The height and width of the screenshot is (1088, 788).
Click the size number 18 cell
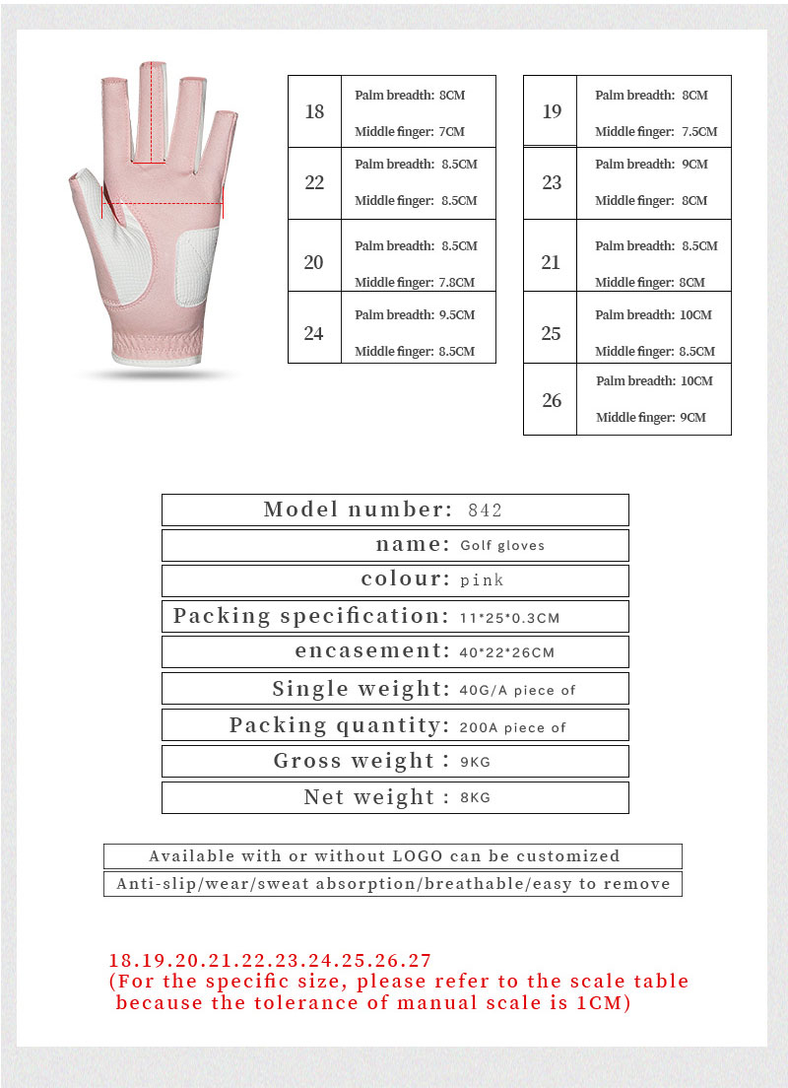(314, 111)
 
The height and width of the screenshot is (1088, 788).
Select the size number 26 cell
(552, 399)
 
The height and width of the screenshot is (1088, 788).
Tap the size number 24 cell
(314, 333)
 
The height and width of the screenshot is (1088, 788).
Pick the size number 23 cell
(552, 182)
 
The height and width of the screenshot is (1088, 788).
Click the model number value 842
(485, 510)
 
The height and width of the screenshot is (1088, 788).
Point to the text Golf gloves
(502, 545)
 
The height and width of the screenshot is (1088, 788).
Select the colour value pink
(482, 580)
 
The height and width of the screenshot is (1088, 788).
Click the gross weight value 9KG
(475, 762)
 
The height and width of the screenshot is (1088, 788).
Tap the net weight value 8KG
(475, 797)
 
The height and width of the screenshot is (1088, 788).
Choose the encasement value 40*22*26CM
(506, 652)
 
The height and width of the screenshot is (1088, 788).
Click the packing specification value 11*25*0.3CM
(509, 617)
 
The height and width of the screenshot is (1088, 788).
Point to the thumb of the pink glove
(87, 187)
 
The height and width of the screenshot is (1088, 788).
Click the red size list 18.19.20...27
(270, 960)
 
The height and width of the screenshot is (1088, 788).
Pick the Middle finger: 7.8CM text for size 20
(415, 282)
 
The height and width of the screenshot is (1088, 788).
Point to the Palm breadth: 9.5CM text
(415, 314)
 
